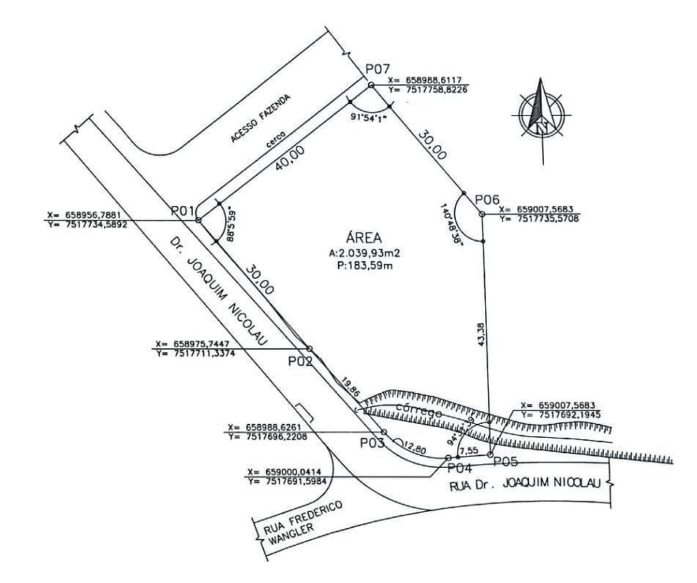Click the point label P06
click(487, 199)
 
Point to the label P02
click(300, 361)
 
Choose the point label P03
click(372, 443)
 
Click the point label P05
click(506, 461)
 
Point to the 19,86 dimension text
click(350, 388)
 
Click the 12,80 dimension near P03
click(413, 447)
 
